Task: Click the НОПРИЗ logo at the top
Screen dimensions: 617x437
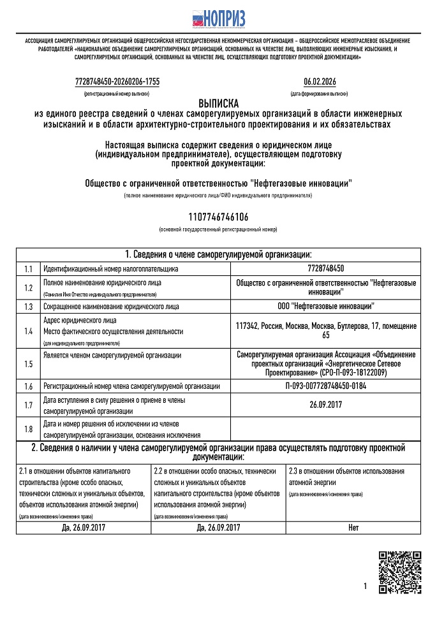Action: point(219,18)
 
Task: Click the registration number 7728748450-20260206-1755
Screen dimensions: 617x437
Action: point(117,82)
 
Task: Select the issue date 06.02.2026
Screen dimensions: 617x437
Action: point(320,82)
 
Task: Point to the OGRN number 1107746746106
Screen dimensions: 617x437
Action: point(218,218)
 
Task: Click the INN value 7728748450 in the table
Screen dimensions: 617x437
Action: point(325,269)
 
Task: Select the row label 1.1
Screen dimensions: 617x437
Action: point(28,269)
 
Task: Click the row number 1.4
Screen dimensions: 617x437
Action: point(28,331)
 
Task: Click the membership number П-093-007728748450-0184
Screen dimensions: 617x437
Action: point(325,386)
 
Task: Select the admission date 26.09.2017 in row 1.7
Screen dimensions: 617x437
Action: point(325,404)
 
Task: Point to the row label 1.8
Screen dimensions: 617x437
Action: point(28,428)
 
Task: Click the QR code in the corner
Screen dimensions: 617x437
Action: point(400,572)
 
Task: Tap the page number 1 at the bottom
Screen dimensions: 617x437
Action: point(366,586)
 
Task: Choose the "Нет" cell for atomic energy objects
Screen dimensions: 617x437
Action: point(353,528)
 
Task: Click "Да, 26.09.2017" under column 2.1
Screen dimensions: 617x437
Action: point(84,528)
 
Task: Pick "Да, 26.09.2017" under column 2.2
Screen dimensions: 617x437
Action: point(219,528)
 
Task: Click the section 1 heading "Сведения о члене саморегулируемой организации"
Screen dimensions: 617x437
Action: point(218,254)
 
